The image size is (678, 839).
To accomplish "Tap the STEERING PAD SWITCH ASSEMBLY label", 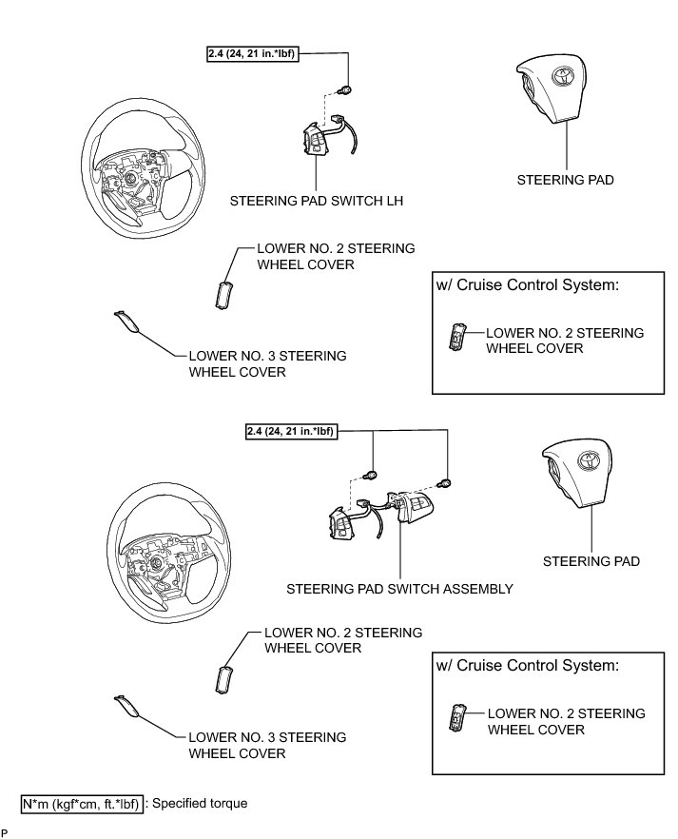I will [x=399, y=589].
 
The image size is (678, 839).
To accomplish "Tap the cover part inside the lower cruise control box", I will [x=460, y=718].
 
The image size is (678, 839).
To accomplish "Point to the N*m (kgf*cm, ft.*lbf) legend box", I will [x=82, y=804].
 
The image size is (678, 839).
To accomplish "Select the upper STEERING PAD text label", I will [x=566, y=180].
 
